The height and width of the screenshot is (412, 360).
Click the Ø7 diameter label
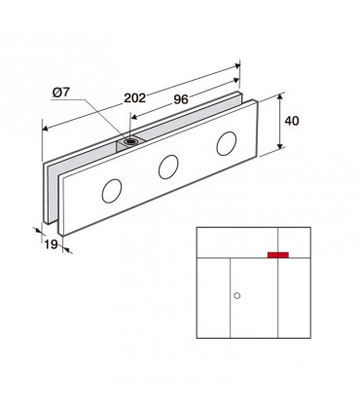[x=61, y=93]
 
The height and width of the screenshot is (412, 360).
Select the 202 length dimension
[x=135, y=97]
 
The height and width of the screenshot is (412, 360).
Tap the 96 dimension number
[x=181, y=99]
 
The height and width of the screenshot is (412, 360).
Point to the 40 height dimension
[x=292, y=121]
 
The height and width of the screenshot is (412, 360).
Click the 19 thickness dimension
[x=51, y=244]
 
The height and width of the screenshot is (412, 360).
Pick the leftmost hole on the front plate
[x=112, y=191]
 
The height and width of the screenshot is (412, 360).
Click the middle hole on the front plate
[x=168, y=167]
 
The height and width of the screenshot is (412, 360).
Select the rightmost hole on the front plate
[x=227, y=143]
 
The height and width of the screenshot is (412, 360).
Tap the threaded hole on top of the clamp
[x=131, y=141]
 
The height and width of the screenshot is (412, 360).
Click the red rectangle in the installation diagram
[x=278, y=255]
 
